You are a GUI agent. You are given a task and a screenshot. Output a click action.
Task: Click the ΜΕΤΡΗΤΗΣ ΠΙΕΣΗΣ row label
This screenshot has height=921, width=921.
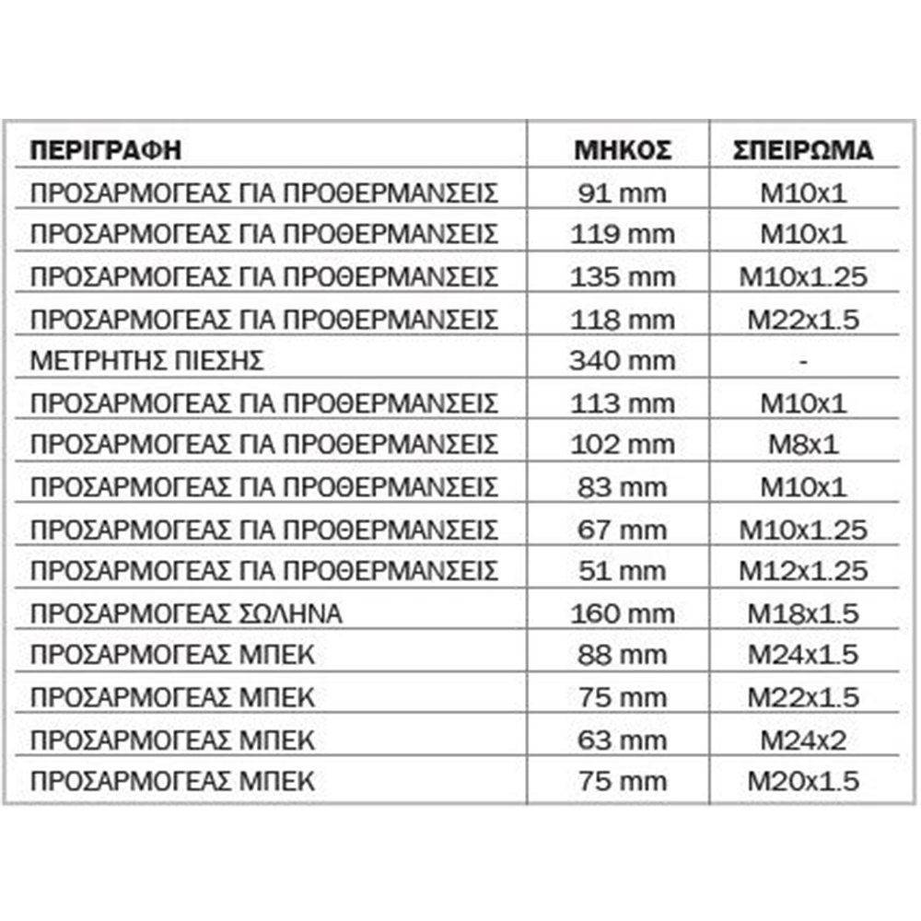click(x=146, y=361)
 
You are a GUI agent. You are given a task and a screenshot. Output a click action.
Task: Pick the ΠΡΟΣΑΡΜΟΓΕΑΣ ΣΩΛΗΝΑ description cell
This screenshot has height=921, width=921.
click(x=185, y=613)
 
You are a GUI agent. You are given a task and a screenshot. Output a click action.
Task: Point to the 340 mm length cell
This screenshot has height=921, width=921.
click(x=623, y=361)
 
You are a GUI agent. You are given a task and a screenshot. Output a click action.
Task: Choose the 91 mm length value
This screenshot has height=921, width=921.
click(x=623, y=193)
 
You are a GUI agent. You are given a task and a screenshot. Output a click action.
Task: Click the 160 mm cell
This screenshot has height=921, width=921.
click(x=623, y=613)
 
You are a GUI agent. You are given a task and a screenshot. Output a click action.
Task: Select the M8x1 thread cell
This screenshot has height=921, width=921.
click(x=803, y=445)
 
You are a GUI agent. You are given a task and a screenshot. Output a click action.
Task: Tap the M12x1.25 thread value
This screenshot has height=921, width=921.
click(x=803, y=571)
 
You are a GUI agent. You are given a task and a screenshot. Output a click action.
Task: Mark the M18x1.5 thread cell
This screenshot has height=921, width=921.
click(x=803, y=613)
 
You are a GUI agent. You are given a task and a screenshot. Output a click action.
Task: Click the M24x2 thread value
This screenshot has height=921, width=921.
click(x=803, y=740)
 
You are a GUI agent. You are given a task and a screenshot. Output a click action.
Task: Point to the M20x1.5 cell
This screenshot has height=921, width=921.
click(x=803, y=782)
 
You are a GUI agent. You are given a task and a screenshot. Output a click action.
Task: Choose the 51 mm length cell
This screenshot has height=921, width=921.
click(x=623, y=571)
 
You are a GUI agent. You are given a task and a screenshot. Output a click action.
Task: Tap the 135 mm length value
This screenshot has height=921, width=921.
click(x=623, y=277)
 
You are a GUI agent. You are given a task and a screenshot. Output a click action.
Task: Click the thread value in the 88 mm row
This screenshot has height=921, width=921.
click(x=803, y=655)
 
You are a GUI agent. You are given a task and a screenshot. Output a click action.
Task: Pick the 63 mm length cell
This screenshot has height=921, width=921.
click(x=623, y=740)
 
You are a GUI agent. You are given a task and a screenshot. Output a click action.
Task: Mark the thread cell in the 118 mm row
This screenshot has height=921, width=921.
click(x=803, y=320)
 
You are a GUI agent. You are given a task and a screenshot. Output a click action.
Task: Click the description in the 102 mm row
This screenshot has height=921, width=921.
click(x=263, y=445)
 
